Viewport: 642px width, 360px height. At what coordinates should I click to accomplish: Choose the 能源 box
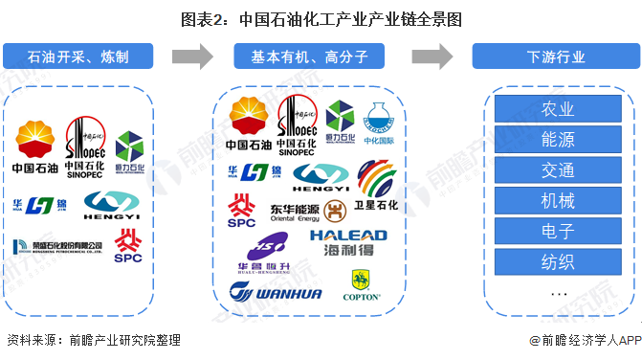click(x=557, y=139)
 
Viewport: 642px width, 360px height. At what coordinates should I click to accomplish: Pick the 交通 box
click(x=557, y=170)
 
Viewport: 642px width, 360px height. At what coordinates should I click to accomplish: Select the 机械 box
click(x=557, y=201)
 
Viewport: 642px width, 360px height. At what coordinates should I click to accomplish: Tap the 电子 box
click(x=557, y=231)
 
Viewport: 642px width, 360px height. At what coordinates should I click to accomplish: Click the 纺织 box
click(x=557, y=260)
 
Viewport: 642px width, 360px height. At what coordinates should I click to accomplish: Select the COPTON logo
click(x=361, y=286)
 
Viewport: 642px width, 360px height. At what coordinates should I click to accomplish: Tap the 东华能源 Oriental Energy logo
click(x=294, y=211)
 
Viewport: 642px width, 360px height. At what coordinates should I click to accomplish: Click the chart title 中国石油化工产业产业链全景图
click(x=321, y=17)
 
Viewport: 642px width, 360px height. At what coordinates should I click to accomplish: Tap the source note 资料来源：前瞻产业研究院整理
click(x=93, y=340)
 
